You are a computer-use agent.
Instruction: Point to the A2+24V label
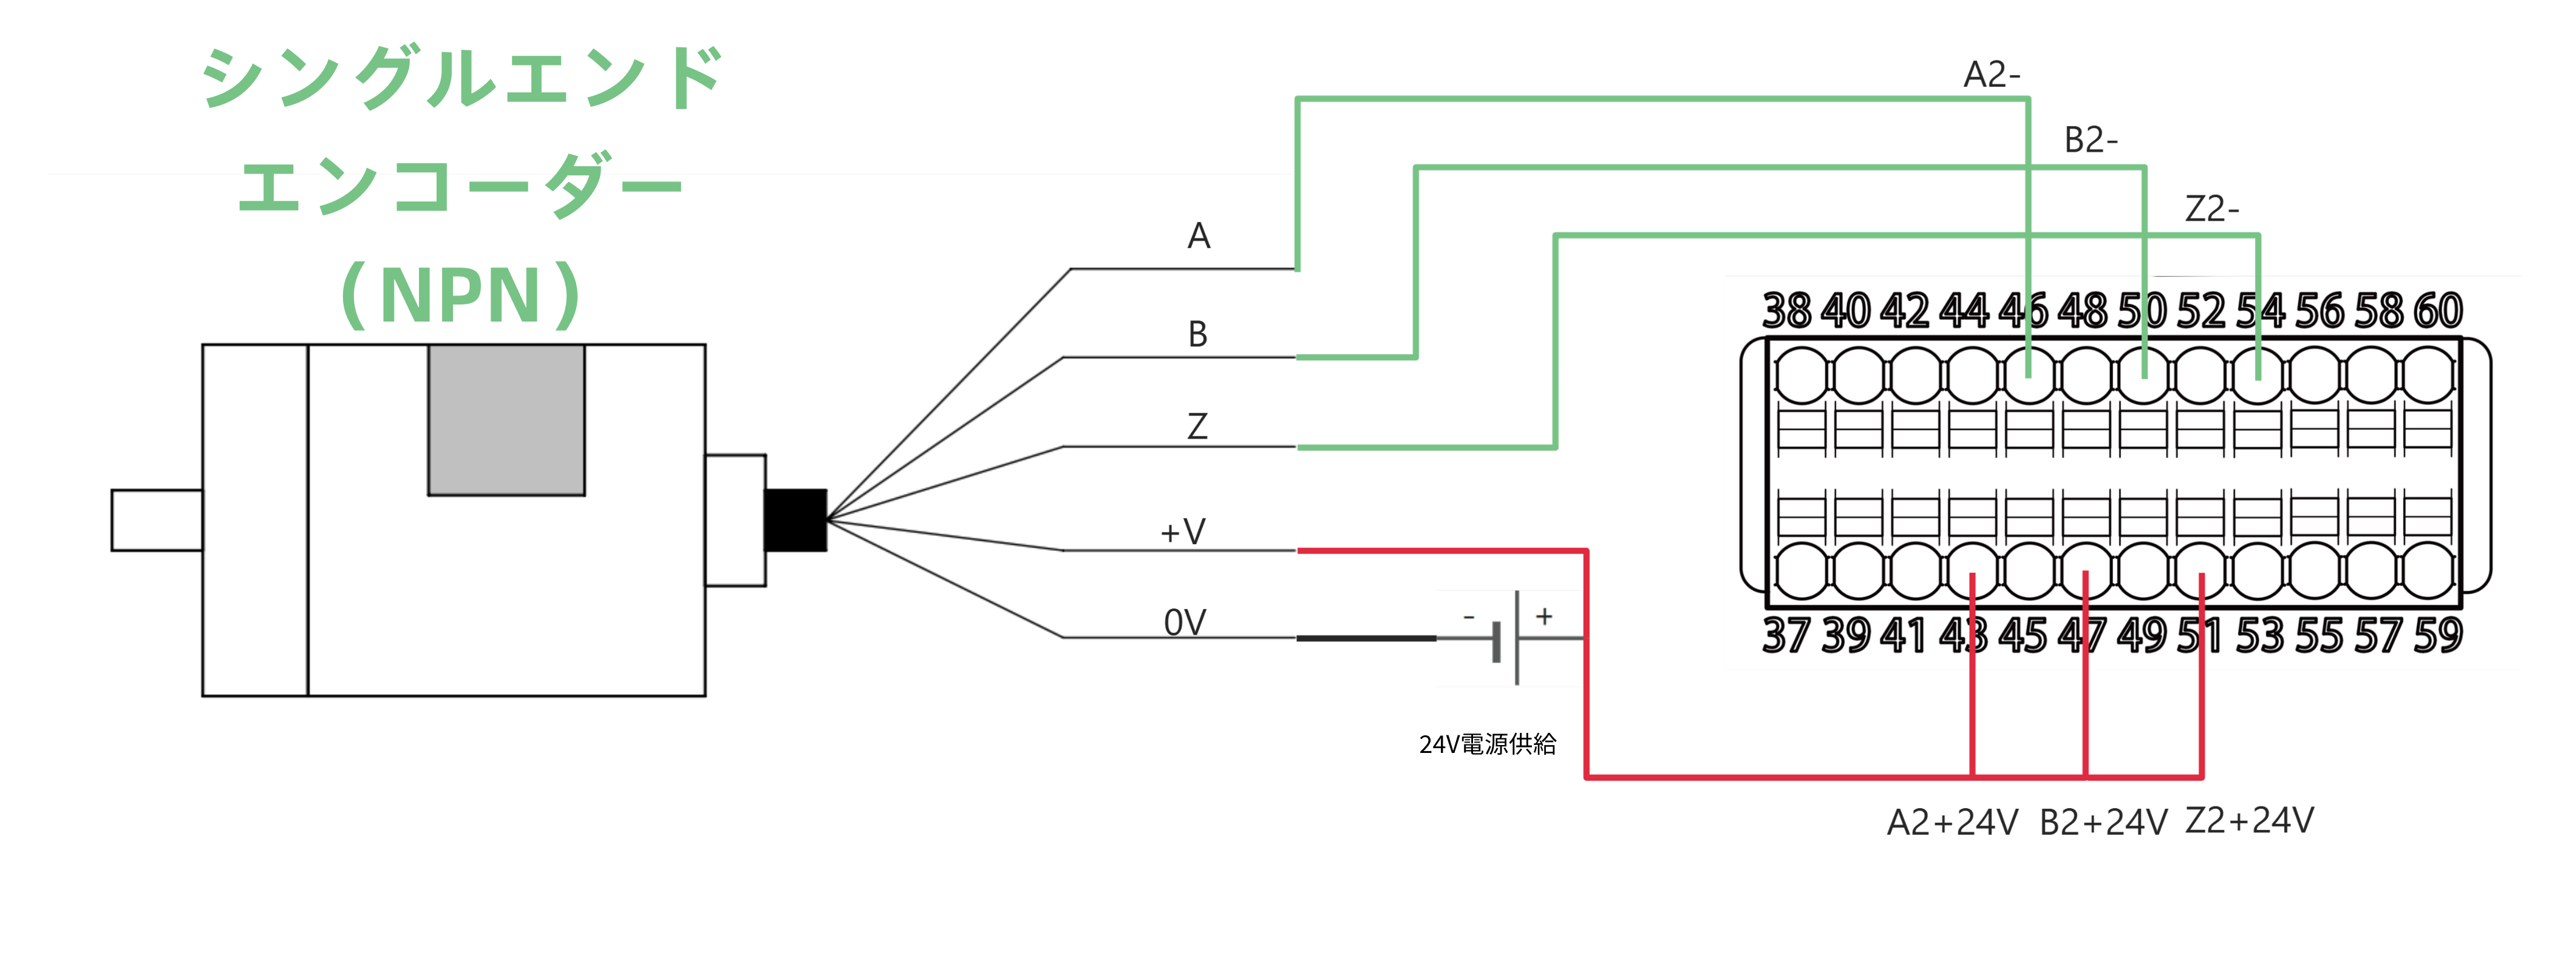pos(1951,823)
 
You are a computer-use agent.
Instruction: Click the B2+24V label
pos(2102,823)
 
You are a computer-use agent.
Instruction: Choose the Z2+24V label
pos(2249,820)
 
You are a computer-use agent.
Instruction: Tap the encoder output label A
pos(1199,236)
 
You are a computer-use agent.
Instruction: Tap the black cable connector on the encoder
pos(795,519)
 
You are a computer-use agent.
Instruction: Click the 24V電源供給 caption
pos(1487,744)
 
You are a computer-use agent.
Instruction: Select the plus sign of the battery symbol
pos(1544,616)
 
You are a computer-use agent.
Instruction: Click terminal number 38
pos(1786,311)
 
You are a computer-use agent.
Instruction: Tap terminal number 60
pos(2437,311)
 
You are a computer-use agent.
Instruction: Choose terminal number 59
pos(2437,636)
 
